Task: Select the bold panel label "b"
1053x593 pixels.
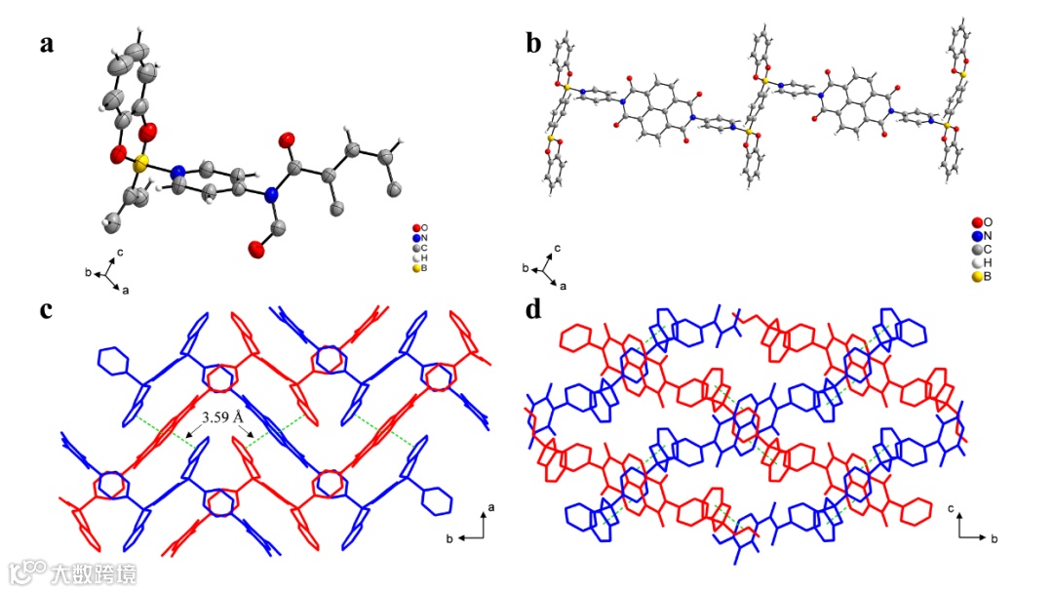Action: click(x=533, y=44)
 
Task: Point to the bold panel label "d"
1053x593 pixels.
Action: click(x=533, y=309)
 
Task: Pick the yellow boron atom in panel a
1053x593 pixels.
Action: click(x=142, y=162)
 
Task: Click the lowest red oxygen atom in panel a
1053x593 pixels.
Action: click(x=257, y=251)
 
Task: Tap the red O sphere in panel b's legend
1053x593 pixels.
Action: click(x=977, y=222)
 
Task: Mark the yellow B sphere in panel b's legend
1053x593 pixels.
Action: click(x=977, y=277)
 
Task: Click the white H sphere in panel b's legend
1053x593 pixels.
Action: click(x=977, y=263)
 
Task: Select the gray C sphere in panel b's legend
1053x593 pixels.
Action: click(x=977, y=250)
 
